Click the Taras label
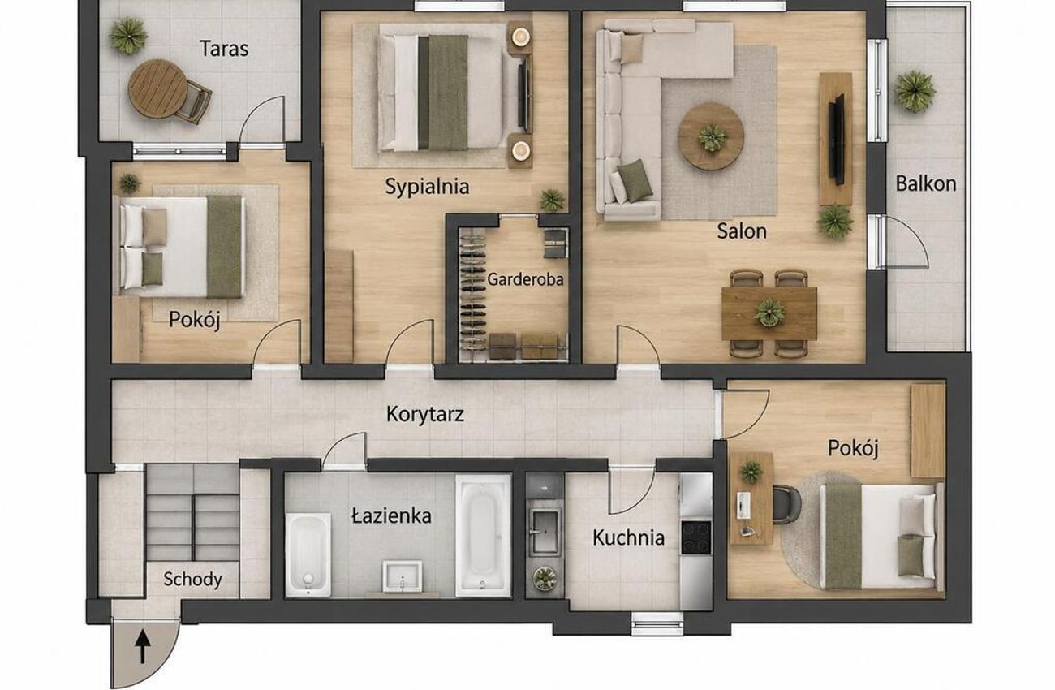click(224, 49)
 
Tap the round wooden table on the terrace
click(157, 88)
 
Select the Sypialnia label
click(427, 187)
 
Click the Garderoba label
click(525, 279)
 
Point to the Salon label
click(741, 231)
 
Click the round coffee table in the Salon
click(711, 136)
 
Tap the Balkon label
click(925, 183)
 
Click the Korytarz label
click(424, 415)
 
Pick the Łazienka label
click(392, 515)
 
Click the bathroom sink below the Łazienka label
click(402, 575)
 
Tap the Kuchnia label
click(628, 537)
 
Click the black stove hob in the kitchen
click(695, 537)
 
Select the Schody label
click(192, 579)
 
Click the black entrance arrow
click(143, 648)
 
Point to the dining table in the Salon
click(769, 313)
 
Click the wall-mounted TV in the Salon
click(837, 140)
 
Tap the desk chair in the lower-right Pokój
click(786, 505)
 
